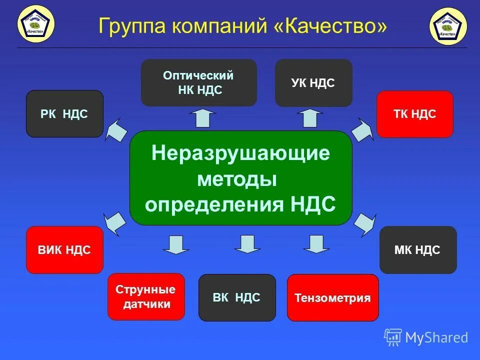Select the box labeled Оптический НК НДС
pos(198,83)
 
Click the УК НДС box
pos(313,83)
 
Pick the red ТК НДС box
pos(414,114)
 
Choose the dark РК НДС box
pos(64,114)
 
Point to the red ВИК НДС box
pos(64,250)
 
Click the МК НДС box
pos(417,250)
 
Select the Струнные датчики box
pos(146,296)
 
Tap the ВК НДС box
pos(237,297)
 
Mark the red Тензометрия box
pos(332,298)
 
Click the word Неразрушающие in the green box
pos(240,153)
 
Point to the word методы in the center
pos(237,178)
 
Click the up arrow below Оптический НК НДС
pos(202,118)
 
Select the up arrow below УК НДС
pos(309,118)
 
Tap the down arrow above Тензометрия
pos(316,243)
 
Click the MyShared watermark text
pos(436,338)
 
